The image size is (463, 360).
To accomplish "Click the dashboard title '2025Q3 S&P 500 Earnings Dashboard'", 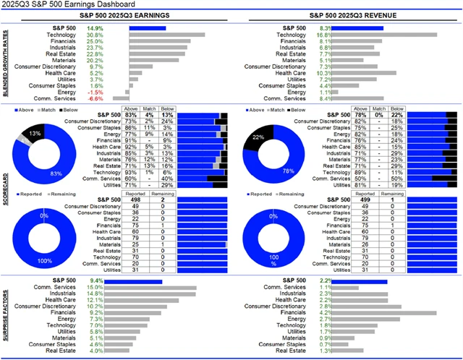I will tap(66, 5).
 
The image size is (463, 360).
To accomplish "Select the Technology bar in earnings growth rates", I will tap(166, 35).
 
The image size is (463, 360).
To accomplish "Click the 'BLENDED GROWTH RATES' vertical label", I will tap(5, 63).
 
